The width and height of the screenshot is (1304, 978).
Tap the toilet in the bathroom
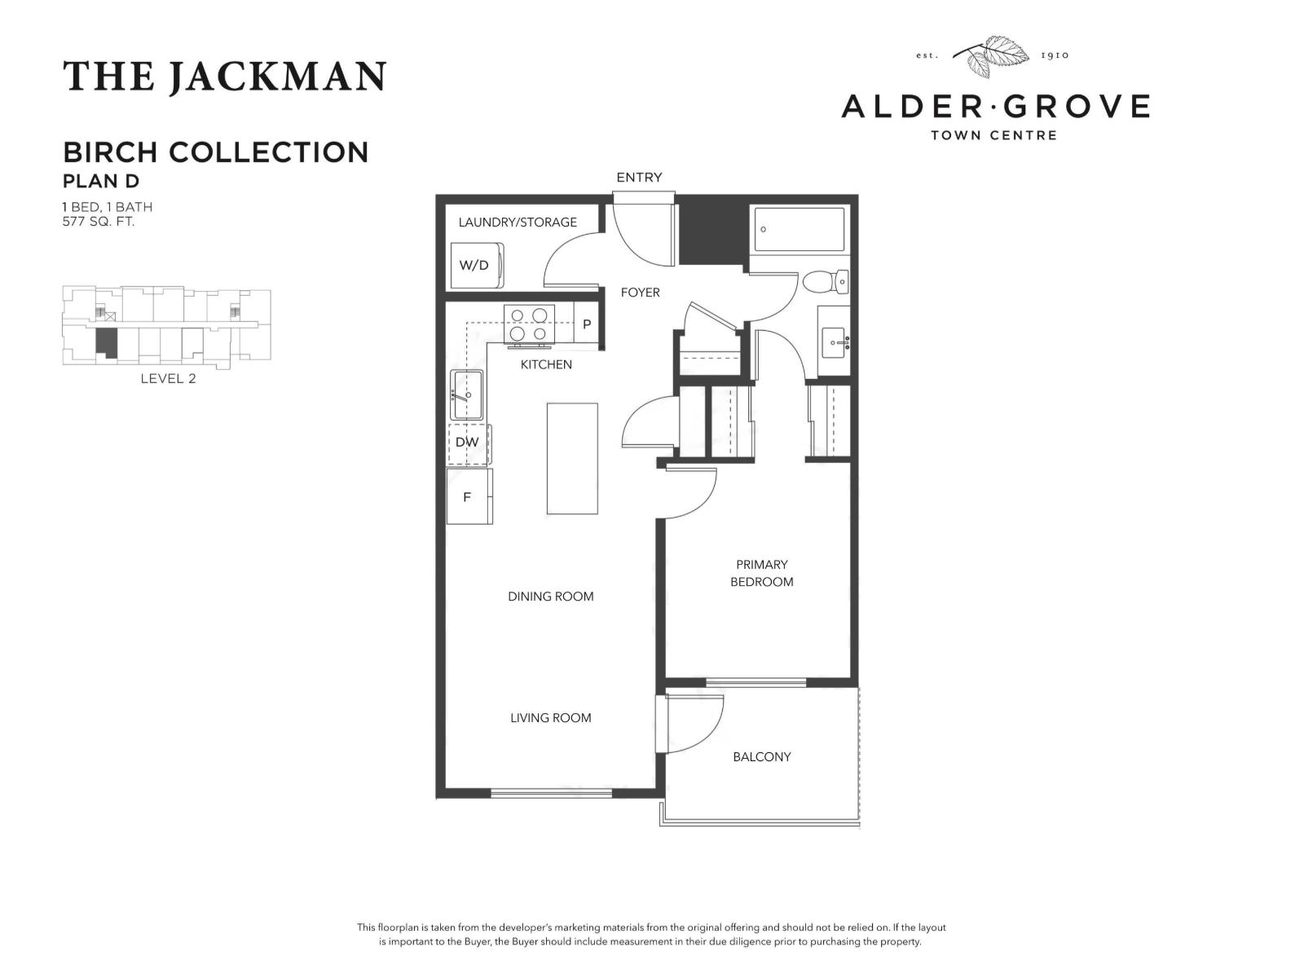click(824, 282)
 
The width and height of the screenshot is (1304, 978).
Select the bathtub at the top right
click(799, 229)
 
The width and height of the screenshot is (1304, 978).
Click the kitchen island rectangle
click(572, 458)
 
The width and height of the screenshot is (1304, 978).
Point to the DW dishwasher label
click(467, 443)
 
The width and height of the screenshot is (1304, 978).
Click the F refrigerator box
click(469, 496)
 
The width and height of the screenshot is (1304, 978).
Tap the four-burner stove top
click(529, 324)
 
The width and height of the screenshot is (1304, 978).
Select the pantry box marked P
click(587, 324)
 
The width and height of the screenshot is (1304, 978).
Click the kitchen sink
click(467, 394)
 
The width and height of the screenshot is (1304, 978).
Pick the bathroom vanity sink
click(835, 341)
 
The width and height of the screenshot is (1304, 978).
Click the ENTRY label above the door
click(639, 177)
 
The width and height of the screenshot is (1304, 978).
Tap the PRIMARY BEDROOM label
click(761, 573)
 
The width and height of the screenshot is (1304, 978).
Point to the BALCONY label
click(761, 756)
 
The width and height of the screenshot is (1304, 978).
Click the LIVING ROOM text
click(550, 718)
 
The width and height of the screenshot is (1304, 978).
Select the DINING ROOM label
click(550, 597)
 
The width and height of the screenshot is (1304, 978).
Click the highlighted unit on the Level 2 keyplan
click(106, 342)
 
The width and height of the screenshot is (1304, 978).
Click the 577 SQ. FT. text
click(99, 221)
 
